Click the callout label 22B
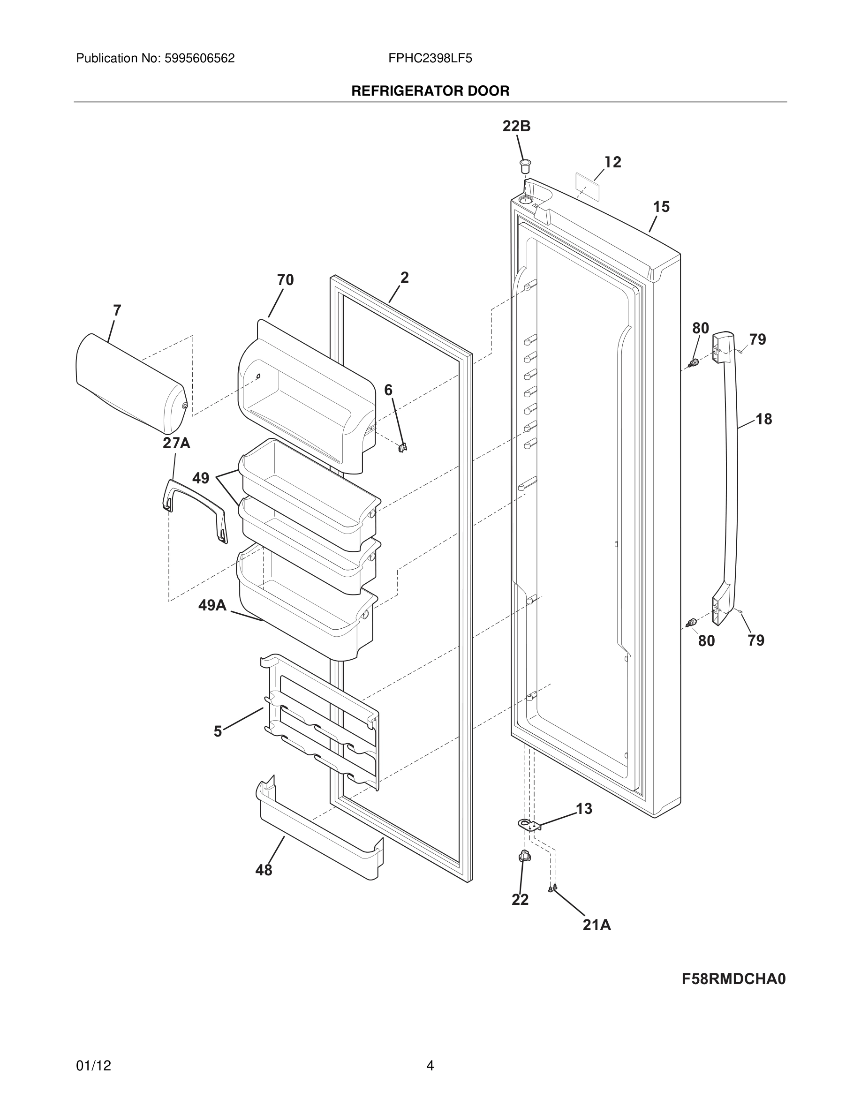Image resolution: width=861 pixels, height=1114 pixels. tap(516, 127)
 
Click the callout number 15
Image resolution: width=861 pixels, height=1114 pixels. tap(661, 207)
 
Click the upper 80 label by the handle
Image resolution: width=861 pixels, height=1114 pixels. tap(700, 328)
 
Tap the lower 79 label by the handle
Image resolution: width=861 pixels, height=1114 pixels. tap(756, 640)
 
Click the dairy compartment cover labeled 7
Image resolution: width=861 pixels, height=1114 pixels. tap(130, 383)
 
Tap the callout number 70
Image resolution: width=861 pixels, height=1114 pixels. tap(285, 280)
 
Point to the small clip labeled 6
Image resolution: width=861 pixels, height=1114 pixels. tap(402, 448)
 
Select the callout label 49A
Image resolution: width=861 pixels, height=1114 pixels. tap(212, 605)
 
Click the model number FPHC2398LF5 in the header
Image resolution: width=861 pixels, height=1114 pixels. tap(430, 58)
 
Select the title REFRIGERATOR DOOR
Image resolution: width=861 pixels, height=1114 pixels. tap(430, 91)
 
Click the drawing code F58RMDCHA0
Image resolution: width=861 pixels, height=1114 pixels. tap(733, 979)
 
